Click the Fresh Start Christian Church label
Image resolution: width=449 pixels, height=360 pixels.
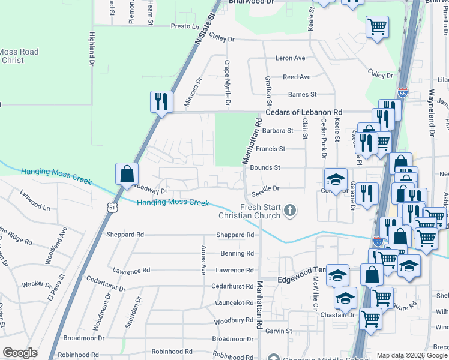click(260, 211)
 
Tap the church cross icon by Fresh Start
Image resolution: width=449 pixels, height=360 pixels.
click(290, 210)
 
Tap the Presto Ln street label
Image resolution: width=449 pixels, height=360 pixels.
click(184, 26)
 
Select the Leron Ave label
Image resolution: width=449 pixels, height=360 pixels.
click(291, 58)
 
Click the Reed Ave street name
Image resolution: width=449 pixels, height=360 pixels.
click(297, 77)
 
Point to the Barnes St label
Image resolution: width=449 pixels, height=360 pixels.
click(302, 94)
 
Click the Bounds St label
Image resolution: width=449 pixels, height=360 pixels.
click(265, 168)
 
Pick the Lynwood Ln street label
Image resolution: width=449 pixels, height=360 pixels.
click(35, 201)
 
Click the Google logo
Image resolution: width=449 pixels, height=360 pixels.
click(20, 353)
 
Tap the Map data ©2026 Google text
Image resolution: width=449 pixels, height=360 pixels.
click(412, 355)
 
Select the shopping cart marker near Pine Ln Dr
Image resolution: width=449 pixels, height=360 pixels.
click(377, 26)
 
